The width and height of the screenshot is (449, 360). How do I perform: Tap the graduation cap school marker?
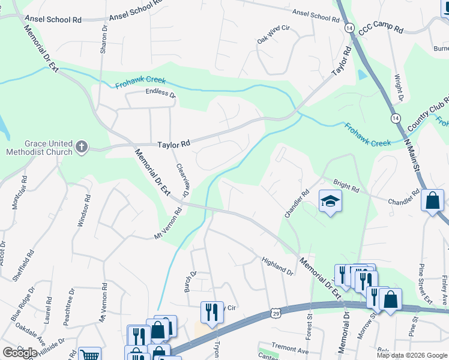[x=330, y=201]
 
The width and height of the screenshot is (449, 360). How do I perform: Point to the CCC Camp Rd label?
[x=382, y=26]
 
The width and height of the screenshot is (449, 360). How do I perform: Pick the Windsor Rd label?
[x=84, y=210]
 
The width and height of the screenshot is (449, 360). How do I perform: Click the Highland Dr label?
[x=277, y=266]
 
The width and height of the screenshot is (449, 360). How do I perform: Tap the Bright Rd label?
[x=346, y=186]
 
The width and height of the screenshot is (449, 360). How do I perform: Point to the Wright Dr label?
[x=398, y=88]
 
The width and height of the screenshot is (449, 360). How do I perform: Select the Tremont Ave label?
[x=289, y=348]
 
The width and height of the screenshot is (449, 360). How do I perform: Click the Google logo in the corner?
[x=19, y=353]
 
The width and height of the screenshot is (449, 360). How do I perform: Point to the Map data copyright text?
[x=411, y=355]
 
